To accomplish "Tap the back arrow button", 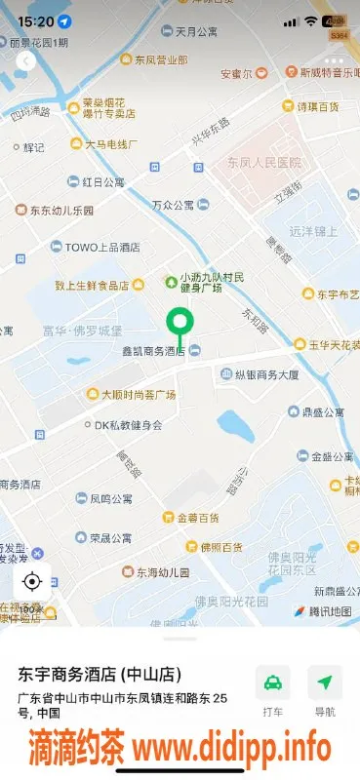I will click(25, 60).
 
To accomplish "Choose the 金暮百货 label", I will click(198, 517).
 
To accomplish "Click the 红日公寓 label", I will click(103, 181).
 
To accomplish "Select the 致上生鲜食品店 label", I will click(92, 285).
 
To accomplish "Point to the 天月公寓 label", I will click(196, 31).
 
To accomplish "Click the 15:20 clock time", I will click(35, 20).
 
